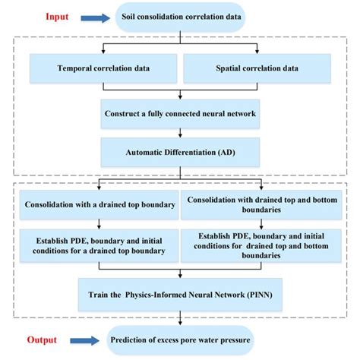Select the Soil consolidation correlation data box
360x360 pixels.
179,16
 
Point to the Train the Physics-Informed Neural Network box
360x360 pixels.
179,293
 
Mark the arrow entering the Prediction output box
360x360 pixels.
179,319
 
